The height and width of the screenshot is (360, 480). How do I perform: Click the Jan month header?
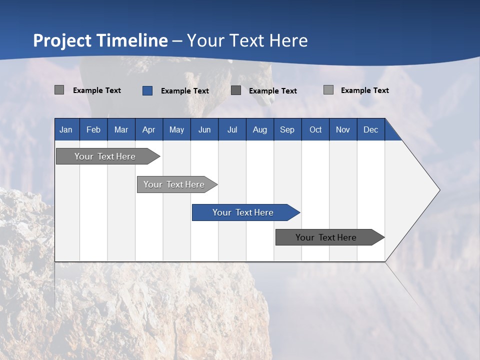click(x=66, y=129)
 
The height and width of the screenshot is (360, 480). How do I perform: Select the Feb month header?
click(x=93, y=129)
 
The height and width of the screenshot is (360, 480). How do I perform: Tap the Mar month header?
click(x=121, y=129)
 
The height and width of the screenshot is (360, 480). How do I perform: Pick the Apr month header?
click(x=149, y=129)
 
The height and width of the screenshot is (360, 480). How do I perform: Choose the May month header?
click(x=176, y=129)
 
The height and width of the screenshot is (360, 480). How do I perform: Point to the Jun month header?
click(x=204, y=129)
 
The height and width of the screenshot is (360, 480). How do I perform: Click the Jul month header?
click(x=232, y=129)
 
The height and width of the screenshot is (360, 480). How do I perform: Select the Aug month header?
click(x=260, y=129)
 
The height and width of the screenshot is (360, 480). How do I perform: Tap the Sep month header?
click(x=287, y=129)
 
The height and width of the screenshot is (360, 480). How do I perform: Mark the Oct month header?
click(x=315, y=129)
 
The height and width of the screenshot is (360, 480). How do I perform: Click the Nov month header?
click(x=343, y=129)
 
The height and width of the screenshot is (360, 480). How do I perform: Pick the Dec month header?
click(x=371, y=129)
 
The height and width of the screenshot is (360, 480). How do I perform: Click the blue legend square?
click(x=147, y=90)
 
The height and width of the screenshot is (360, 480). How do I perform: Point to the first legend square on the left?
click(x=59, y=90)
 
